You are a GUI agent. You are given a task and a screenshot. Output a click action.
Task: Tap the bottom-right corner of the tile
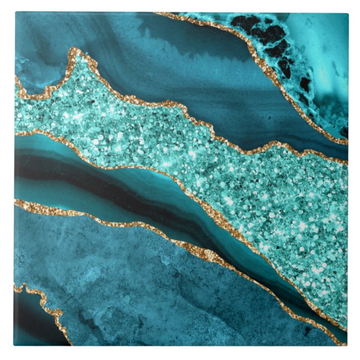coord(347,345)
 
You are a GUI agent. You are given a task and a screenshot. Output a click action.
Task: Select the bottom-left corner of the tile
coord(15,345)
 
